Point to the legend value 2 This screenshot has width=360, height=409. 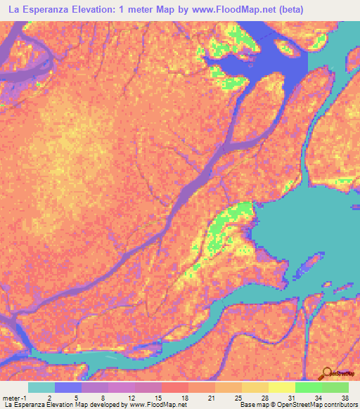click(49, 397)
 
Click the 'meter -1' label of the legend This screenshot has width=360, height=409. click(13, 397)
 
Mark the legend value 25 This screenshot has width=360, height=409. click(238, 397)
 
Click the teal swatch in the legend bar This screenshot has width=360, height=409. click(41, 387)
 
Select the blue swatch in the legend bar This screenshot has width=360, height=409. click(68, 387)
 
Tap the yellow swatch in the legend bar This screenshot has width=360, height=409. click(282, 387)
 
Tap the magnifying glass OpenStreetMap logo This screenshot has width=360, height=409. click(327, 375)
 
